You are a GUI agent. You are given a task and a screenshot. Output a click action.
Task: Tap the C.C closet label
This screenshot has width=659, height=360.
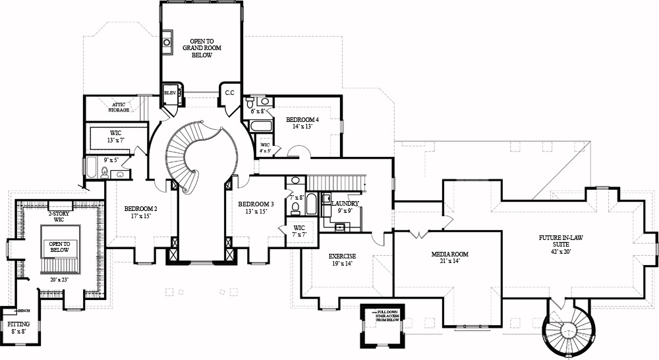click(x=230, y=93)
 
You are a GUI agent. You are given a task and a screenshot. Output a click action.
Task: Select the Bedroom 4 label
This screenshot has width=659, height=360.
click(x=302, y=120)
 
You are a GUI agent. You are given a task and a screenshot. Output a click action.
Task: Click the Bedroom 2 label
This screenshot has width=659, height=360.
click(x=141, y=209)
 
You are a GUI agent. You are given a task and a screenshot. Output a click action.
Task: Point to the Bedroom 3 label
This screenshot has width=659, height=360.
click(x=256, y=204)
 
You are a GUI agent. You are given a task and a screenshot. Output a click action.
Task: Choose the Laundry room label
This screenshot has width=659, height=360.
click(x=345, y=204)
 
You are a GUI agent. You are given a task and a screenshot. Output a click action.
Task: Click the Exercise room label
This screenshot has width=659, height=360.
click(x=343, y=256)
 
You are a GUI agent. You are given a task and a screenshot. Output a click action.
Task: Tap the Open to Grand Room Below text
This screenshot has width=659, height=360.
click(x=202, y=46)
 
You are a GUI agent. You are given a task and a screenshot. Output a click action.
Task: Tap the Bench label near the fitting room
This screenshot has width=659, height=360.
click(x=24, y=310)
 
